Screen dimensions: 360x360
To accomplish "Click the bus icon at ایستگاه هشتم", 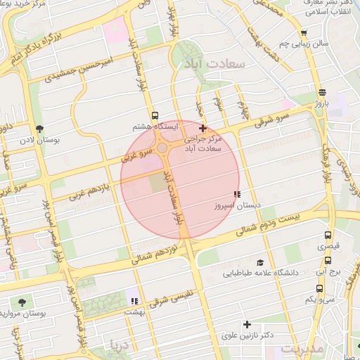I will (x=155, y=115).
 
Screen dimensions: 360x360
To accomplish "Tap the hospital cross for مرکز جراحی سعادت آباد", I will (x=203, y=128).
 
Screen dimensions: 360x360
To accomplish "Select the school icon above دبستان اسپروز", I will (x=237, y=194).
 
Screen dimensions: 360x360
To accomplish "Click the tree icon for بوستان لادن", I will (x=39, y=129).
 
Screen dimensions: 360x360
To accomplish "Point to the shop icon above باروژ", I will (x=322, y=92).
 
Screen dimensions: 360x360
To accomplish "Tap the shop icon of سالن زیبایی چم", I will (x=303, y=32).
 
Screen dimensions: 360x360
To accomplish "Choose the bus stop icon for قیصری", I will (x=328, y=236).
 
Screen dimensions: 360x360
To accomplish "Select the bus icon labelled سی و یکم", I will (x=320, y=288).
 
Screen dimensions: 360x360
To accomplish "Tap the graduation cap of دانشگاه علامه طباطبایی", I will (x=260, y=262).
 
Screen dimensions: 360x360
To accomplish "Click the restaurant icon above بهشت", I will (x=134, y=300).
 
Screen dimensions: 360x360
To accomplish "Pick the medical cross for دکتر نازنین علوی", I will (x=247, y=324).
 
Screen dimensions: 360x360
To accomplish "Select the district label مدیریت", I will (x=302, y=348).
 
